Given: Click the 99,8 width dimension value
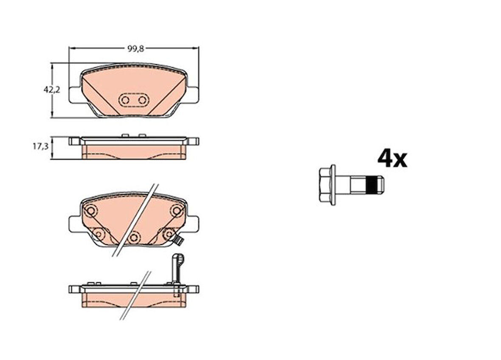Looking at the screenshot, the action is coord(136,48).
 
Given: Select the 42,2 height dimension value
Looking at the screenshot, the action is coord(52,90).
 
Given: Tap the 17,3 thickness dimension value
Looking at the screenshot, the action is coord(41,146).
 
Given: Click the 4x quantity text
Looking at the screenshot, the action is coord(392,159).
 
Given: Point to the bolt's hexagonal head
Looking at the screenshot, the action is coord(325,185).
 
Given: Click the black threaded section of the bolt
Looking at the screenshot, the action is coord(371,185).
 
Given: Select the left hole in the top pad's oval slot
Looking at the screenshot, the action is coord(125,100).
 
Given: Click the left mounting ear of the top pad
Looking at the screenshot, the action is coord(75,95).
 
